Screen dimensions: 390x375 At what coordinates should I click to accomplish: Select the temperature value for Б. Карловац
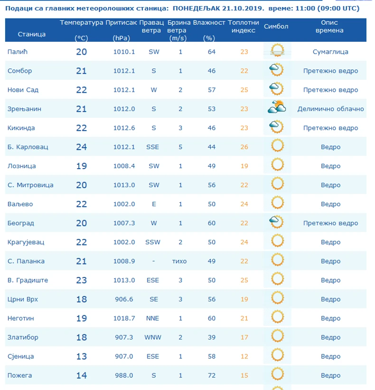point(82,147)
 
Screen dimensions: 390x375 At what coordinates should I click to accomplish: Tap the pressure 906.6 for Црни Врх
point(124,299)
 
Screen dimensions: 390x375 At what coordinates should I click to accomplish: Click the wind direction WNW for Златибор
point(153,337)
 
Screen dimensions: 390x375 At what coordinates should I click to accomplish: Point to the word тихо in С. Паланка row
point(179,261)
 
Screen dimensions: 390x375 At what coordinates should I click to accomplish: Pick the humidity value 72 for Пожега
point(212,375)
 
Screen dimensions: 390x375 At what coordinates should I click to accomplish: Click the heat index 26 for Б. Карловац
point(244,147)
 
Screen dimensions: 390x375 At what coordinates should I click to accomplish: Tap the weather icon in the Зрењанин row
point(276,108)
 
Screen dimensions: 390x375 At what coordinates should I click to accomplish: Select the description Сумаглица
point(330,52)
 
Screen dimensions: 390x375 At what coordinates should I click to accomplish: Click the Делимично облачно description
point(330,109)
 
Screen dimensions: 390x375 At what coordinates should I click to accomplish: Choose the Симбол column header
point(276,27)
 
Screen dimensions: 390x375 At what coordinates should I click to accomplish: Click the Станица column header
point(32,34)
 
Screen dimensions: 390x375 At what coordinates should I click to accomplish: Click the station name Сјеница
point(21,356)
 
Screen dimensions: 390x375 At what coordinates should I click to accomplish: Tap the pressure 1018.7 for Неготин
point(124,318)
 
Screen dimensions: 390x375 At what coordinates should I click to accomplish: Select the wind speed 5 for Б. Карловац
point(180,147)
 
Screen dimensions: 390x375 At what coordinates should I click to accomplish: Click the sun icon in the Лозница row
point(277,165)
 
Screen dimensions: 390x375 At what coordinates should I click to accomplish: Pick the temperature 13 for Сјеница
point(82,356)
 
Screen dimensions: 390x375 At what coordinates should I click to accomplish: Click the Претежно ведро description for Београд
point(330,223)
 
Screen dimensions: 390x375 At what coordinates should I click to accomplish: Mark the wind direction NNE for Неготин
point(153,318)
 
